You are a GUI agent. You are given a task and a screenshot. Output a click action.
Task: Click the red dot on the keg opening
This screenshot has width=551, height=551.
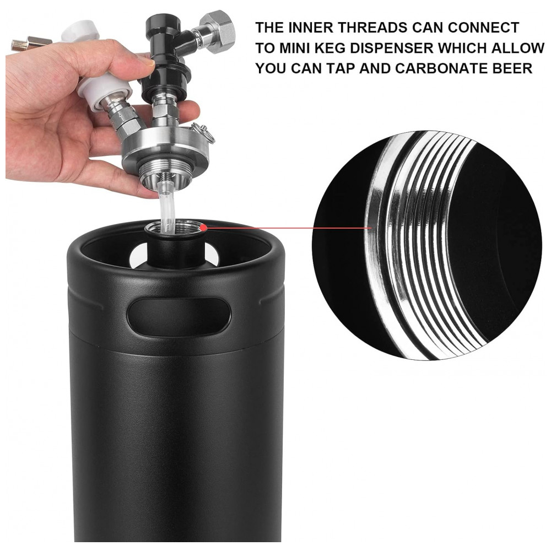pyautogui.click(x=203, y=228)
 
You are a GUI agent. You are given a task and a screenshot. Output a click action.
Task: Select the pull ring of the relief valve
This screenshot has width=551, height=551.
pyautogui.click(x=205, y=134)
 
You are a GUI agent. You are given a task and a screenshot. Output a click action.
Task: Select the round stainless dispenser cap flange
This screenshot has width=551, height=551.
pyautogui.click(x=165, y=148)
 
